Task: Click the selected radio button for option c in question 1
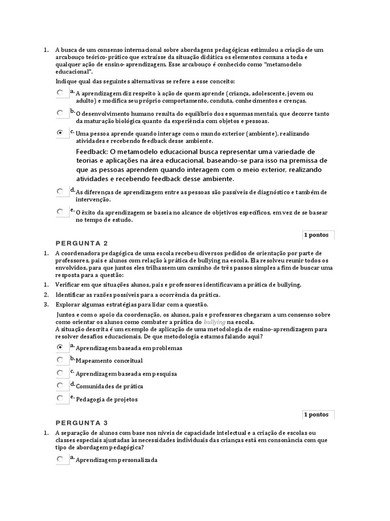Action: coord(60,132)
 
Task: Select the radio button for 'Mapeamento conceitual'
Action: coord(60,360)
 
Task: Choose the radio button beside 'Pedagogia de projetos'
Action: coord(60,398)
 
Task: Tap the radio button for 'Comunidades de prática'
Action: coord(60,385)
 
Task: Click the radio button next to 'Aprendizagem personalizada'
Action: coord(60,459)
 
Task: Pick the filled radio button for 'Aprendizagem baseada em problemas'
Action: coord(60,347)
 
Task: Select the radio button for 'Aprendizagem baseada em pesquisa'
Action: coord(60,372)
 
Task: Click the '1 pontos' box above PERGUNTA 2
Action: coord(316,235)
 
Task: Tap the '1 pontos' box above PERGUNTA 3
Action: coord(316,415)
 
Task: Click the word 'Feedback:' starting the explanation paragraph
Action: coord(92,152)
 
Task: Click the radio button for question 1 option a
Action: coord(60,93)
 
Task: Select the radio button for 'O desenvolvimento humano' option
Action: coord(60,112)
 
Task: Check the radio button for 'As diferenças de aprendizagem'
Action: coord(60,191)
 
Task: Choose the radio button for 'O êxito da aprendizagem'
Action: coord(60,211)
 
